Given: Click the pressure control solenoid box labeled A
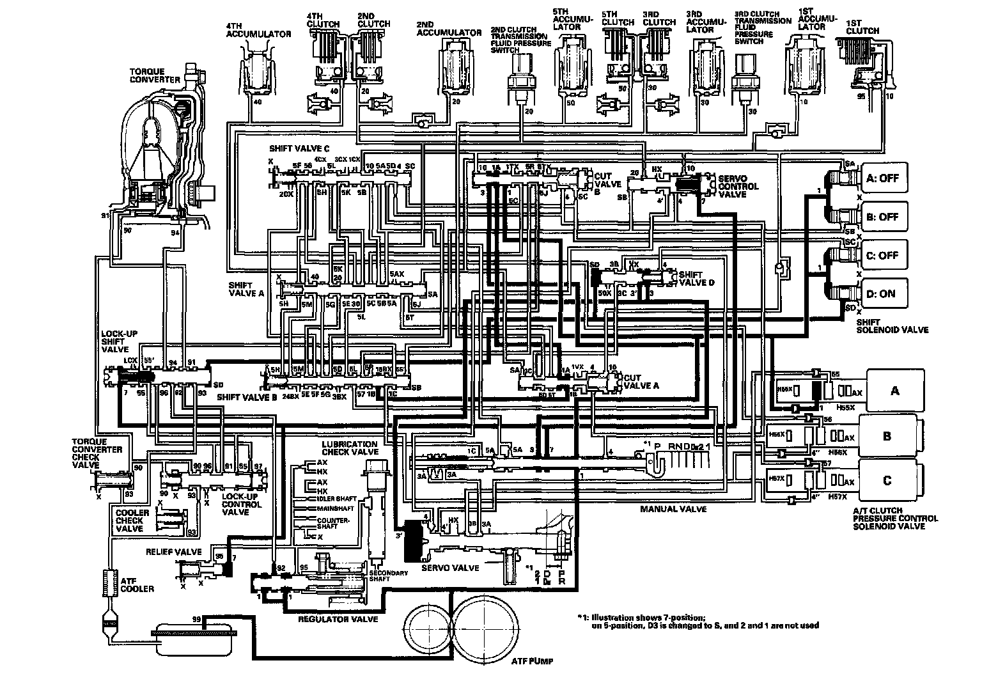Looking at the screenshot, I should [x=894, y=390].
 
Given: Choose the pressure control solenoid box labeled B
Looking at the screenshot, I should [x=887, y=436].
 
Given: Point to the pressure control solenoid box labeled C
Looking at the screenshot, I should [x=887, y=480].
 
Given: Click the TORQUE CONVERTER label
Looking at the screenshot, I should [x=156, y=75].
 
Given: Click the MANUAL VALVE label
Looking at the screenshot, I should [x=673, y=509].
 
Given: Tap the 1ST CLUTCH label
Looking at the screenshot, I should [x=862, y=26].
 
